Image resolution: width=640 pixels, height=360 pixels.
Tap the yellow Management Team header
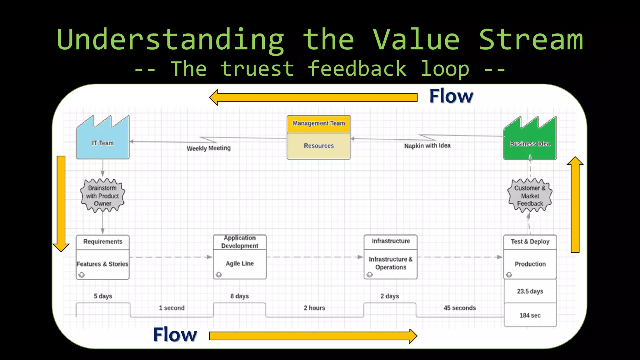pos(318,124)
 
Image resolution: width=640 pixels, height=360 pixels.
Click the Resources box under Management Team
pos(318,146)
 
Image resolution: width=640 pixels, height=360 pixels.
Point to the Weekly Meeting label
pos(208,148)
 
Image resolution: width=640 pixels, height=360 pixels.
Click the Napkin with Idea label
pos(427,146)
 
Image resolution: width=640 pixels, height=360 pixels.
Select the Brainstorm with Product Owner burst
pos(102,196)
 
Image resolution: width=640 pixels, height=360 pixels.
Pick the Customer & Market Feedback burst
pos(530,196)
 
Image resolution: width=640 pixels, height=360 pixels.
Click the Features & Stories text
pos(102,264)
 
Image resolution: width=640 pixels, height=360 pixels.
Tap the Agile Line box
pos(240,264)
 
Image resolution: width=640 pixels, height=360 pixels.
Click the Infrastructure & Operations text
pos(391,263)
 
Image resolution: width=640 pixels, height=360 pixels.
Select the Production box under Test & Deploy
pos(530,264)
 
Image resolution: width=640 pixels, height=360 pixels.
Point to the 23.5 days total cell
pos(530,291)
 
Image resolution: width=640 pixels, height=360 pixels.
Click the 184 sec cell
pos(530,315)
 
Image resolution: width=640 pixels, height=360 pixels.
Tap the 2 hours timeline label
pos(314,308)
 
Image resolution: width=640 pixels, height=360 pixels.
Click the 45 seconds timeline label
pos(460,308)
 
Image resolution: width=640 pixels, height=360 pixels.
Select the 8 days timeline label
pos(240,296)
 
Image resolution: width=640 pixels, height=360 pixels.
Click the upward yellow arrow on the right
pos(575,206)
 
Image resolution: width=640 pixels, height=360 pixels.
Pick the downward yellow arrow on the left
pos(61,203)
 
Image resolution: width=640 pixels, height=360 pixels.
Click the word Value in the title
pos(416,40)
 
